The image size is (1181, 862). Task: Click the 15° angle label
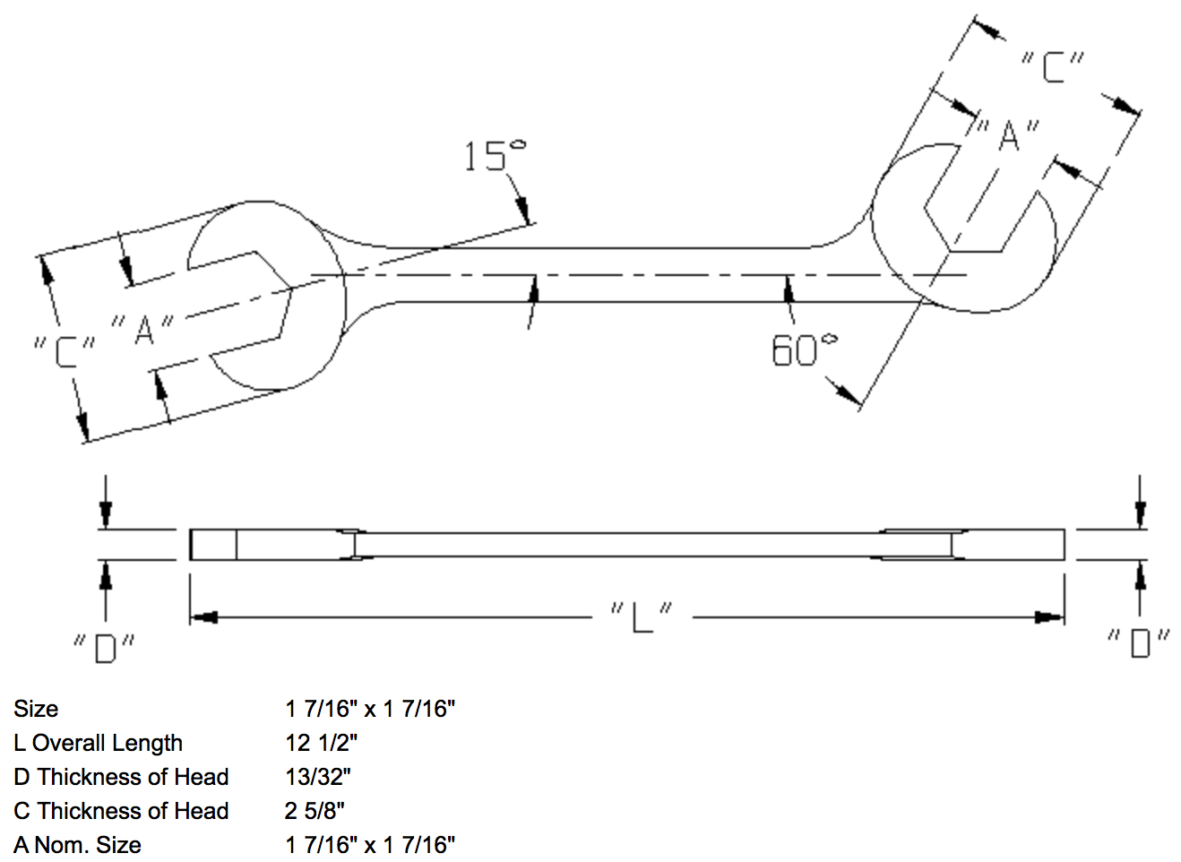(494, 156)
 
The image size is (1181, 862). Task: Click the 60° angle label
(804, 349)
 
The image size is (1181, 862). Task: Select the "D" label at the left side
(106, 647)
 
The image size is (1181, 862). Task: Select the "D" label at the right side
(1138, 642)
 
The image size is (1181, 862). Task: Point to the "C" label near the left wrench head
(65, 349)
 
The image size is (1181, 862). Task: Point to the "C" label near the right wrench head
(1053, 66)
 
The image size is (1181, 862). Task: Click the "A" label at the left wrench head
(144, 329)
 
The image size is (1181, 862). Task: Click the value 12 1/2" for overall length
(321, 743)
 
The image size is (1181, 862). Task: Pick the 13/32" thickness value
(318, 777)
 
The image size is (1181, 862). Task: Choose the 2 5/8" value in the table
(315, 811)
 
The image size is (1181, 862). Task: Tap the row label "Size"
(36, 709)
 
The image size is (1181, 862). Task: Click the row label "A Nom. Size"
(77, 845)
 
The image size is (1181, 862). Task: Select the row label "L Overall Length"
(98, 743)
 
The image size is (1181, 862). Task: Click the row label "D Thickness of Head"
(121, 777)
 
